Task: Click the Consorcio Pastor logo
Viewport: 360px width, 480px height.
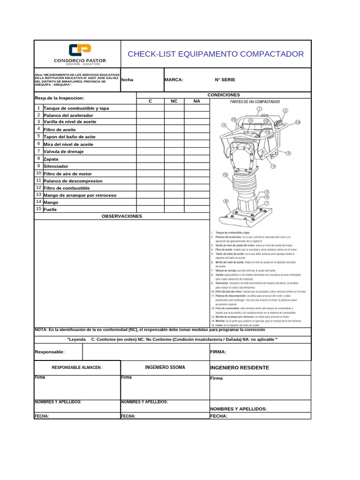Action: tap(80, 54)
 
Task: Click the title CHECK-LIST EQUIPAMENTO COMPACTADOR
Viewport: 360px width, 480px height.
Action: tap(216, 54)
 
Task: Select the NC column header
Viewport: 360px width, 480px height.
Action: tap(174, 101)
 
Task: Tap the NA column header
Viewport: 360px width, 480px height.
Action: tap(197, 101)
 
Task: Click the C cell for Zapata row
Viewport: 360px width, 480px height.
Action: tap(150, 159)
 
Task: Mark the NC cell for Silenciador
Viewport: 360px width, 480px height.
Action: tap(174, 166)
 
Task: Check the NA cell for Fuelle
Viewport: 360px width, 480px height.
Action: tap(197, 209)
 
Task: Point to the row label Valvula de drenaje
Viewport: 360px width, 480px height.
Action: tap(63, 152)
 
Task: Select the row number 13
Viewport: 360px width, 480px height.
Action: tap(39, 195)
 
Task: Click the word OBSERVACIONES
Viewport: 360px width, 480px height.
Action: tap(121, 216)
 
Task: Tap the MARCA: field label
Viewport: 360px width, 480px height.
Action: tap(174, 80)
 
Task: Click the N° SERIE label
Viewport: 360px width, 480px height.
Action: tap(225, 80)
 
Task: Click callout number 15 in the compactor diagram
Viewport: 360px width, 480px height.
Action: tap(225, 175)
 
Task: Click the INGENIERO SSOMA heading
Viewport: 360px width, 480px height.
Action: tap(165, 367)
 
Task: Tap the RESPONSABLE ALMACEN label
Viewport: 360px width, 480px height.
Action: tap(77, 367)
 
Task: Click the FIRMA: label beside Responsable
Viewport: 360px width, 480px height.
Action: tap(218, 352)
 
